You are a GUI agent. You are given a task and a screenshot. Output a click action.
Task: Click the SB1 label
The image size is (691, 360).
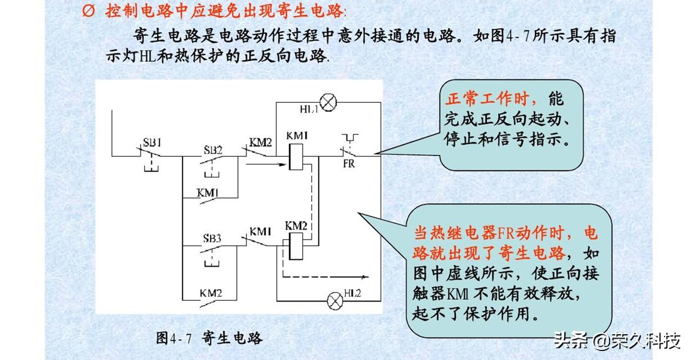151,141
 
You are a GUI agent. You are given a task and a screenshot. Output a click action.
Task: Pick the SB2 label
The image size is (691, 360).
213,150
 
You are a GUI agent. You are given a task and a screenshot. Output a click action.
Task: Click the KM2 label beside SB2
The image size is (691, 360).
261,142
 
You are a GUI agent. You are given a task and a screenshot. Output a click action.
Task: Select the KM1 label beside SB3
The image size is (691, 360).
261,231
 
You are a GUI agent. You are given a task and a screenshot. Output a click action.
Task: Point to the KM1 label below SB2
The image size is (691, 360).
208,192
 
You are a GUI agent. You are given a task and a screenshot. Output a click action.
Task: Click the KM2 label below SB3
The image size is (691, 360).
210,294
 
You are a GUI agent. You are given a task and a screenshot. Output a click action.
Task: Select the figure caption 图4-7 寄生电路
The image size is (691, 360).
209,338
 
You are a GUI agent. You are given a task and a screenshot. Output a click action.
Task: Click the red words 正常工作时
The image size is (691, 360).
488,100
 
